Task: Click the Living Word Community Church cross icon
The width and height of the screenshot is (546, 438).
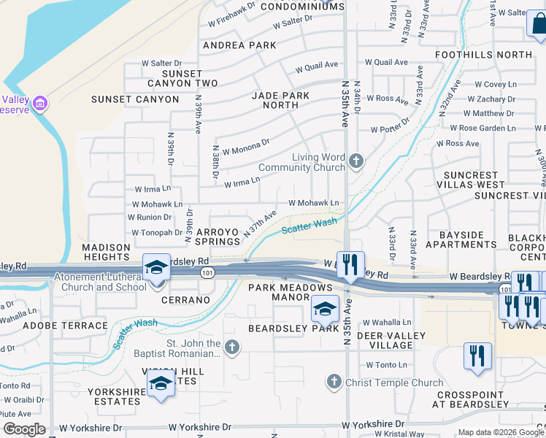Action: pyautogui.click(x=355, y=161)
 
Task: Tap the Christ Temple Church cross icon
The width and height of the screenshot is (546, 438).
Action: pyautogui.click(x=334, y=381)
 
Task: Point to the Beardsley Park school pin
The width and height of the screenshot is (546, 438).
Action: pyautogui.click(x=325, y=310)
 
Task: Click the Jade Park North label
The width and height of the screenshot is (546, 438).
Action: pyautogui.click(x=281, y=100)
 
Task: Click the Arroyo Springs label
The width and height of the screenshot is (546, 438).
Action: pyautogui.click(x=218, y=236)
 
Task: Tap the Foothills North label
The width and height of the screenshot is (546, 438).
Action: pyautogui.click(x=494, y=55)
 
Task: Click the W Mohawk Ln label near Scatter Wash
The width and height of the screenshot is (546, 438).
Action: pyautogui.click(x=314, y=203)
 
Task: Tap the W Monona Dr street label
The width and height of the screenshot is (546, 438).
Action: pyautogui.click(x=246, y=147)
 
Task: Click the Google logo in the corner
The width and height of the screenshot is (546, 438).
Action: pyautogui.click(x=24, y=429)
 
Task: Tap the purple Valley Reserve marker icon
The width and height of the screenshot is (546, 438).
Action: pyautogui.click(x=40, y=104)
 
